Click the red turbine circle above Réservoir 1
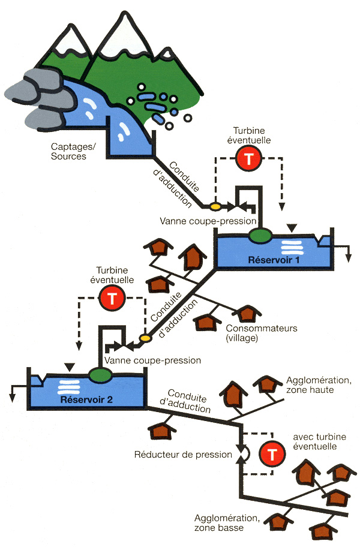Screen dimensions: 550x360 pyautogui.click(x=247, y=158)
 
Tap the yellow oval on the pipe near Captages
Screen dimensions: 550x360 pyautogui.click(x=214, y=206)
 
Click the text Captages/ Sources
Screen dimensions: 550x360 pyautogui.click(x=69, y=152)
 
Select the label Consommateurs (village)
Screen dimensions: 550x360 pyautogui.click(x=261, y=333)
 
